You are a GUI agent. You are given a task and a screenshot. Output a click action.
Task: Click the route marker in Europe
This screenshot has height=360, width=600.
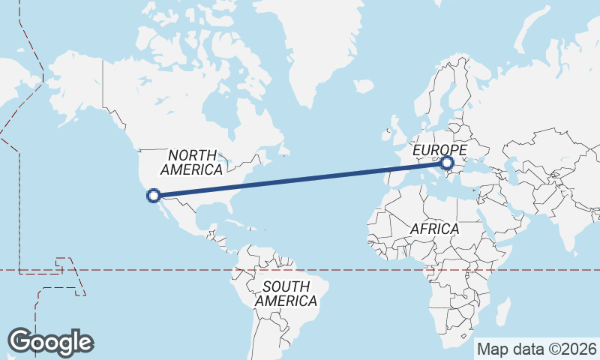[x=447, y=163]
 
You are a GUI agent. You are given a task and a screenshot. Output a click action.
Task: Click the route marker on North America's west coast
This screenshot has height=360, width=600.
[x=154, y=196]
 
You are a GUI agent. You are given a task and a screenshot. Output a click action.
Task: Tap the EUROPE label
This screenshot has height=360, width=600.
[x=439, y=151]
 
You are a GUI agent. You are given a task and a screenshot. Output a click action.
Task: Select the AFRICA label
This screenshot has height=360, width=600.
[x=434, y=228]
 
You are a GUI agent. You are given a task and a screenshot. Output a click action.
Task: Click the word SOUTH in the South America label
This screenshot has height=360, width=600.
[x=286, y=286]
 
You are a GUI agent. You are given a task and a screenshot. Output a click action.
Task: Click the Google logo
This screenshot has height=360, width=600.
[x=51, y=342]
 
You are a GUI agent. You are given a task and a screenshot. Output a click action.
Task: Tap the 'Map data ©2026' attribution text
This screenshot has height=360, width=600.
[x=536, y=349]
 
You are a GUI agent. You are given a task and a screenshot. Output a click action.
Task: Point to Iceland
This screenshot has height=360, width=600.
[x=364, y=86]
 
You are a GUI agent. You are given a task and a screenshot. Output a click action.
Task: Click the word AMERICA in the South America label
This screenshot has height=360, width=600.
[x=286, y=301]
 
